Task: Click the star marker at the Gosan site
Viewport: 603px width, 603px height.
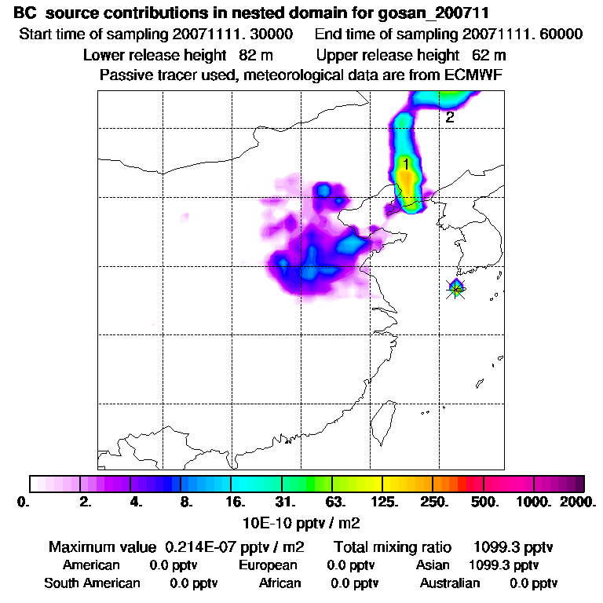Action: [x=456, y=289]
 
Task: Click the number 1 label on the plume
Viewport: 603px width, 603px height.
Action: [x=406, y=164]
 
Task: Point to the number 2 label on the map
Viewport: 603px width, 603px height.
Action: [x=450, y=118]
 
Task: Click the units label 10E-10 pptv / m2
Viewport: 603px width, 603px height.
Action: [x=302, y=521]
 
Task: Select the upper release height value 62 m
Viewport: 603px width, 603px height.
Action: [x=489, y=56]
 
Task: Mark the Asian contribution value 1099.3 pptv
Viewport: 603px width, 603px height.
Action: [x=503, y=565]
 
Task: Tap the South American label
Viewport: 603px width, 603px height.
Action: [x=92, y=583]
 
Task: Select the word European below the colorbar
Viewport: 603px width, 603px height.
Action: [x=268, y=565]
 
